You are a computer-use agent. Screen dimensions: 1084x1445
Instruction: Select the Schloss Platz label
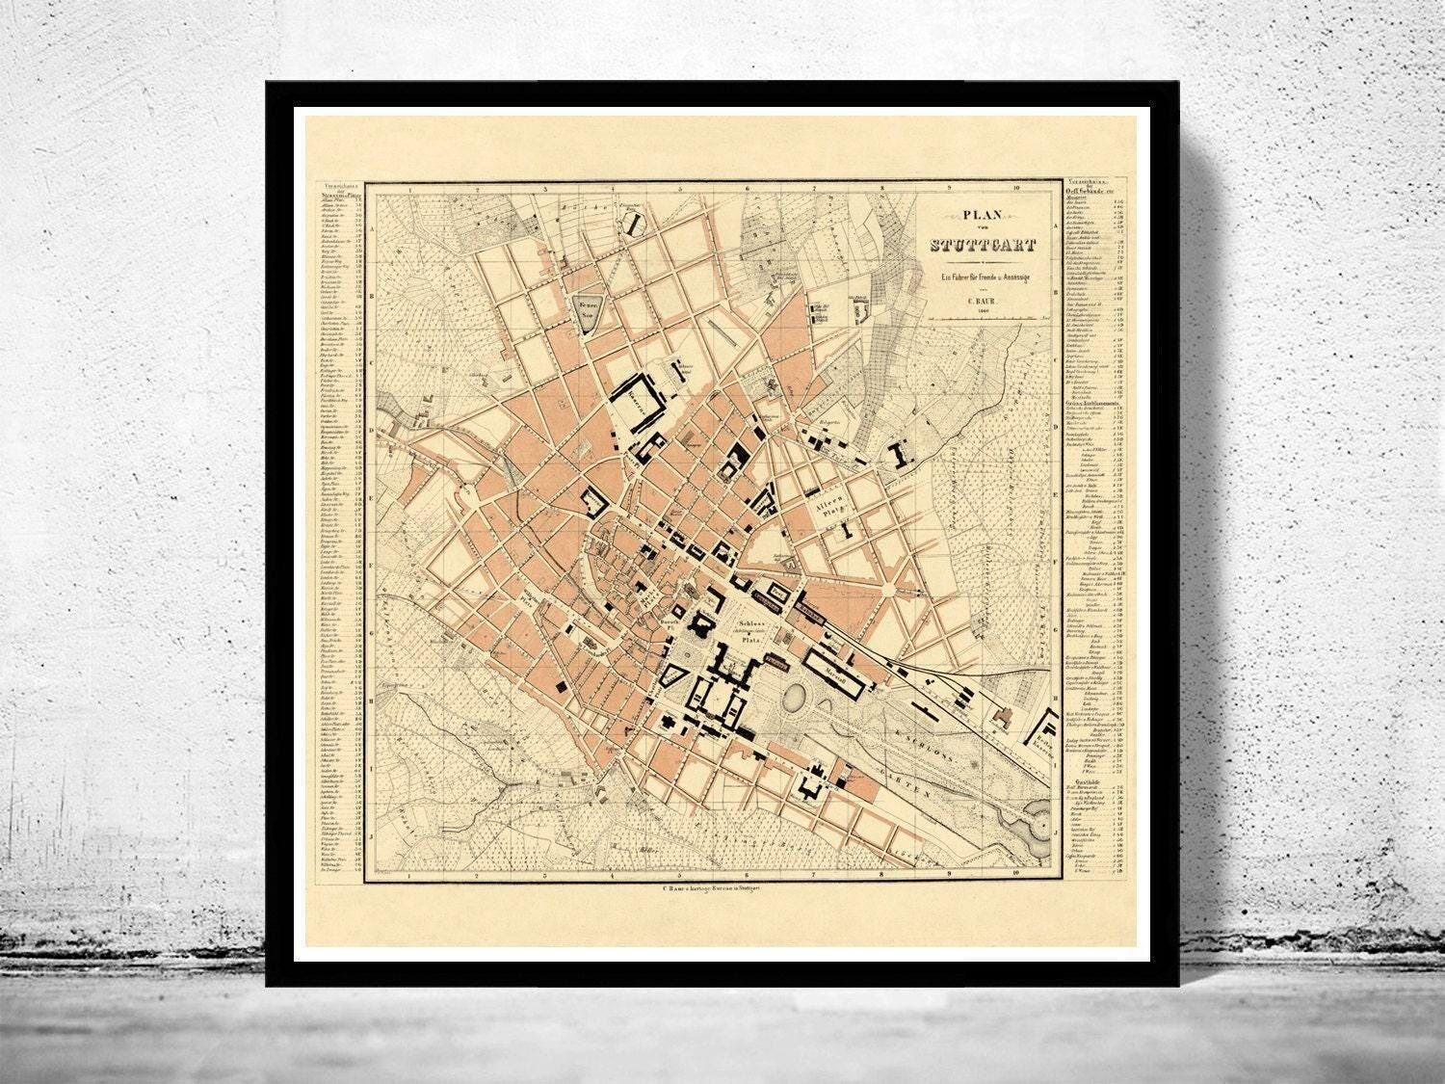point(753,630)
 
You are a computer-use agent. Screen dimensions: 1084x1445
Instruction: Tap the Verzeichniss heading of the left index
point(339,185)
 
